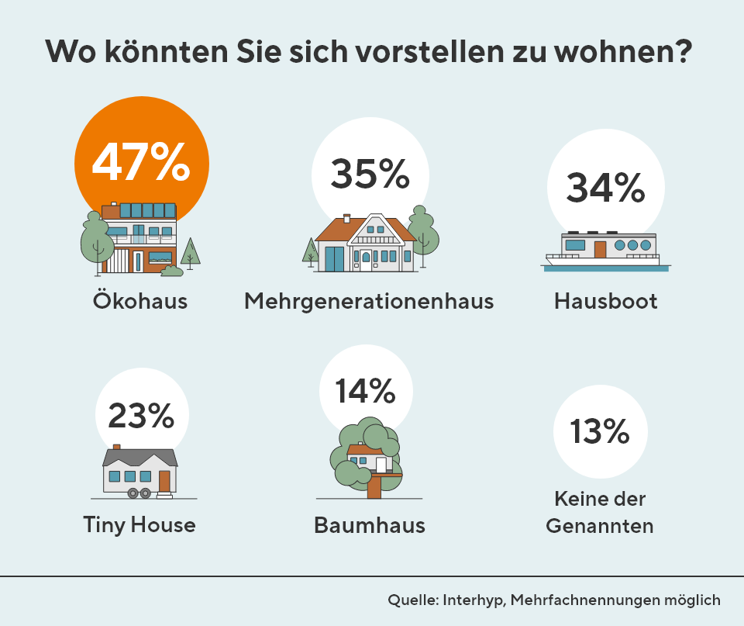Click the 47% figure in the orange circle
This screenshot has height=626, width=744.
[x=141, y=161]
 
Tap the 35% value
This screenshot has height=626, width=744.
[x=370, y=174]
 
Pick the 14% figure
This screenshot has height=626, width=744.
[x=365, y=390]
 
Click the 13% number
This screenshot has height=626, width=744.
[x=599, y=431]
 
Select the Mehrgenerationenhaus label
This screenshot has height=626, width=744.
[x=369, y=301]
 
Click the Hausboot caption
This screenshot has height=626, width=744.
[x=606, y=301]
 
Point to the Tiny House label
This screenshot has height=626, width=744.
[x=139, y=525]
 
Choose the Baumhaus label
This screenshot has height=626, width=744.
[x=370, y=525]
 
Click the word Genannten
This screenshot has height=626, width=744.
[x=600, y=526]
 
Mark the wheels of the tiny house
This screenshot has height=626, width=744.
[x=139, y=493]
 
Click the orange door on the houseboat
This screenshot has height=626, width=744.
[x=600, y=249]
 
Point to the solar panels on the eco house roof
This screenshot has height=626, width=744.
[x=147, y=210]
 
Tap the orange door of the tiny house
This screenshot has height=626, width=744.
[x=164, y=481]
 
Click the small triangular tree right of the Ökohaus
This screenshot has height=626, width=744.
[x=191, y=251]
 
